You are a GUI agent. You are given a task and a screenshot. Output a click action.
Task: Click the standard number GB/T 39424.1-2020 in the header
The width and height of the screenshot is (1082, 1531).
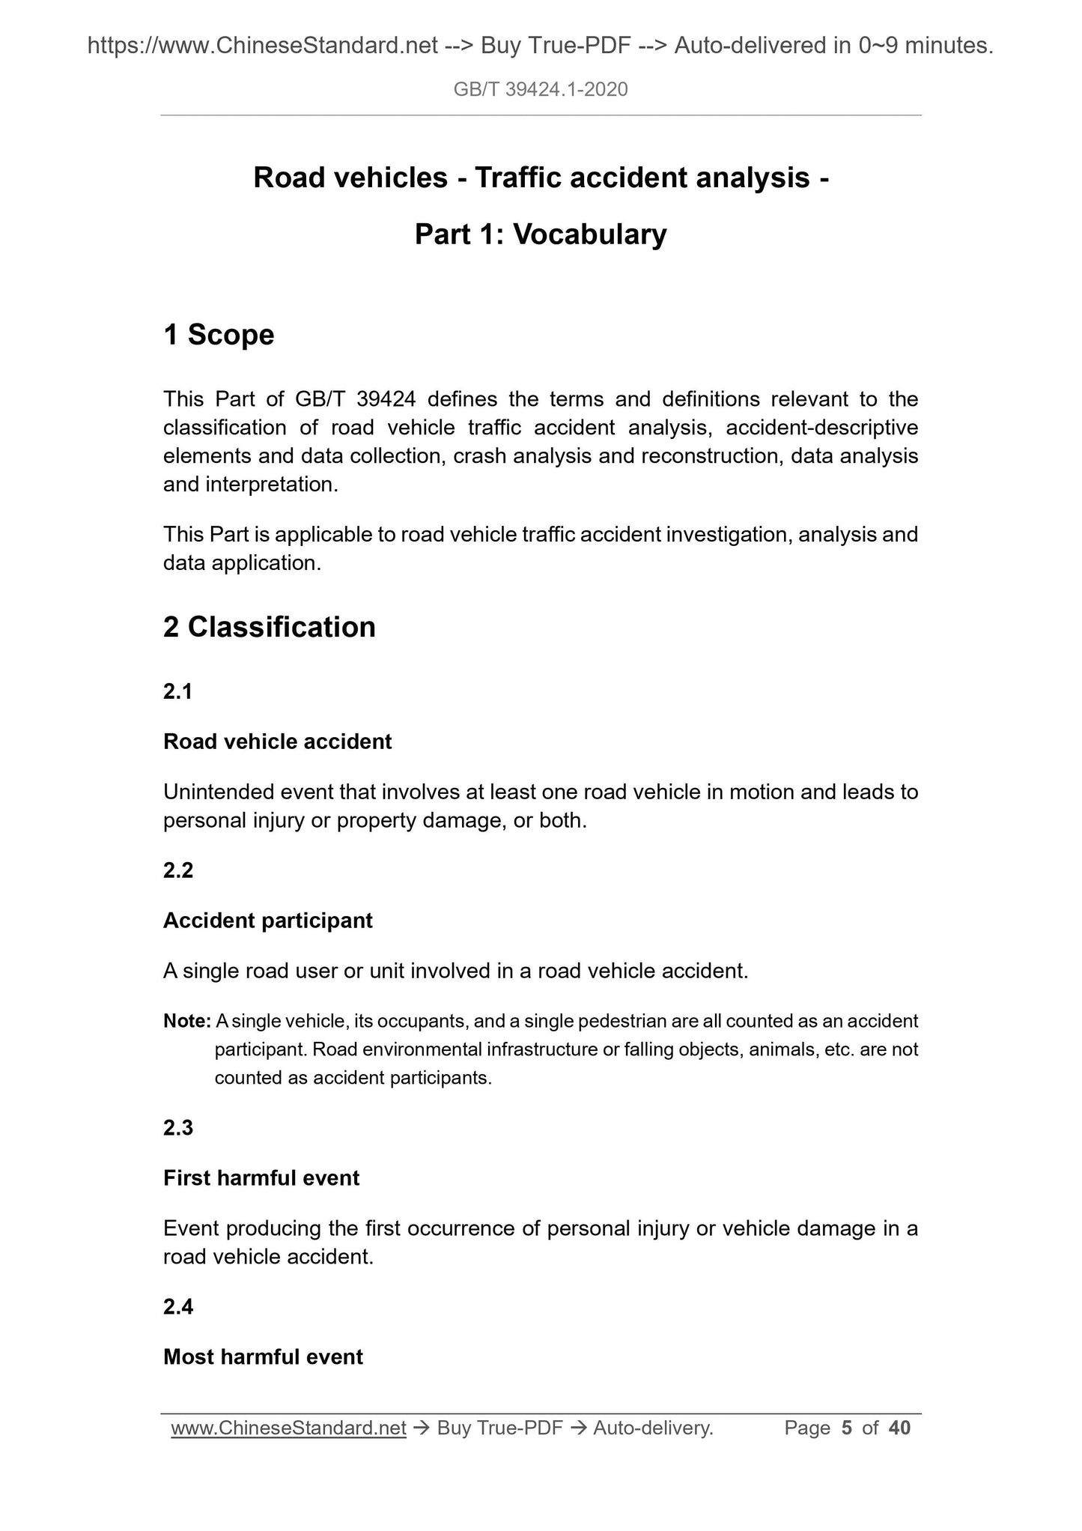(x=541, y=90)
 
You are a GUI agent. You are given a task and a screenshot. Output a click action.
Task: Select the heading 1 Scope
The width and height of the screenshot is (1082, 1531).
(x=219, y=335)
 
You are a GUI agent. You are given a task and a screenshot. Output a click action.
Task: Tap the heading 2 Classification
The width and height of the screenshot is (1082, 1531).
(x=270, y=627)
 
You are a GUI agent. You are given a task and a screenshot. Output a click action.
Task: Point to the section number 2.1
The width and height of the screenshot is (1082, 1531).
(x=178, y=691)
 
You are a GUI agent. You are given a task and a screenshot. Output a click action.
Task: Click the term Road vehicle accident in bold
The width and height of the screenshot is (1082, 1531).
(x=277, y=742)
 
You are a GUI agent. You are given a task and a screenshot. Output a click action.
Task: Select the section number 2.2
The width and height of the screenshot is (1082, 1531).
(x=178, y=870)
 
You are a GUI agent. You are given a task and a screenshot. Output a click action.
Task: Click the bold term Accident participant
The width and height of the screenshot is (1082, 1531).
(x=267, y=921)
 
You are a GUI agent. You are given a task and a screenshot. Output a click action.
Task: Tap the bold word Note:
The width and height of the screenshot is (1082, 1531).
(x=187, y=1021)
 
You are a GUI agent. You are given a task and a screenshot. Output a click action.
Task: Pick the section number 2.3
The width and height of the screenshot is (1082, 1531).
(x=178, y=1128)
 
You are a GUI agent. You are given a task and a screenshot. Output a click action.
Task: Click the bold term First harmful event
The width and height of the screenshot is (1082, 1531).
(x=261, y=1178)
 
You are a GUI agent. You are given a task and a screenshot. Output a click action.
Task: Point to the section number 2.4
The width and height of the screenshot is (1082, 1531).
(x=178, y=1307)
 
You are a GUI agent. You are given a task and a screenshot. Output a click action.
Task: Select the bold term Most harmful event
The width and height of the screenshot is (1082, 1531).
(x=263, y=1357)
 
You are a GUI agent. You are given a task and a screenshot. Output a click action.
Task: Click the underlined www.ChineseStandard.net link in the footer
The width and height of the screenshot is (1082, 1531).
(x=288, y=1428)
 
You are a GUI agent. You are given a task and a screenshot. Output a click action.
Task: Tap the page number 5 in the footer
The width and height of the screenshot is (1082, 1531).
(x=847, y=1428)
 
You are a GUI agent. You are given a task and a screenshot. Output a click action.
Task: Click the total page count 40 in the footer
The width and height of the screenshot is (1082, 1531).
(x=899, y=1428)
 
